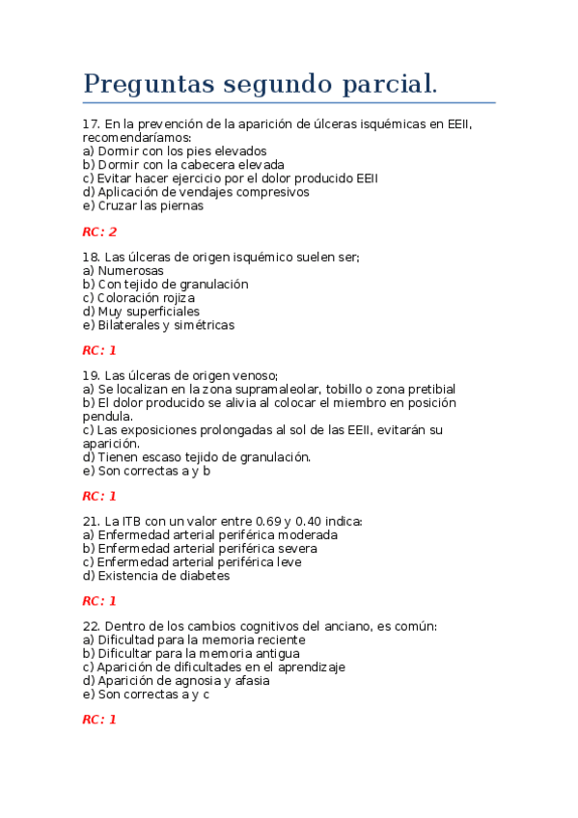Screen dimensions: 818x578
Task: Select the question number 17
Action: [x=91, y=124]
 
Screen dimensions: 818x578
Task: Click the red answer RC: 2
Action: [x=99, y=232]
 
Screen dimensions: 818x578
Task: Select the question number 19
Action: [x=91, y=375]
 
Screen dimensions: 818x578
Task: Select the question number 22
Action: [x=91, y=626]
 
